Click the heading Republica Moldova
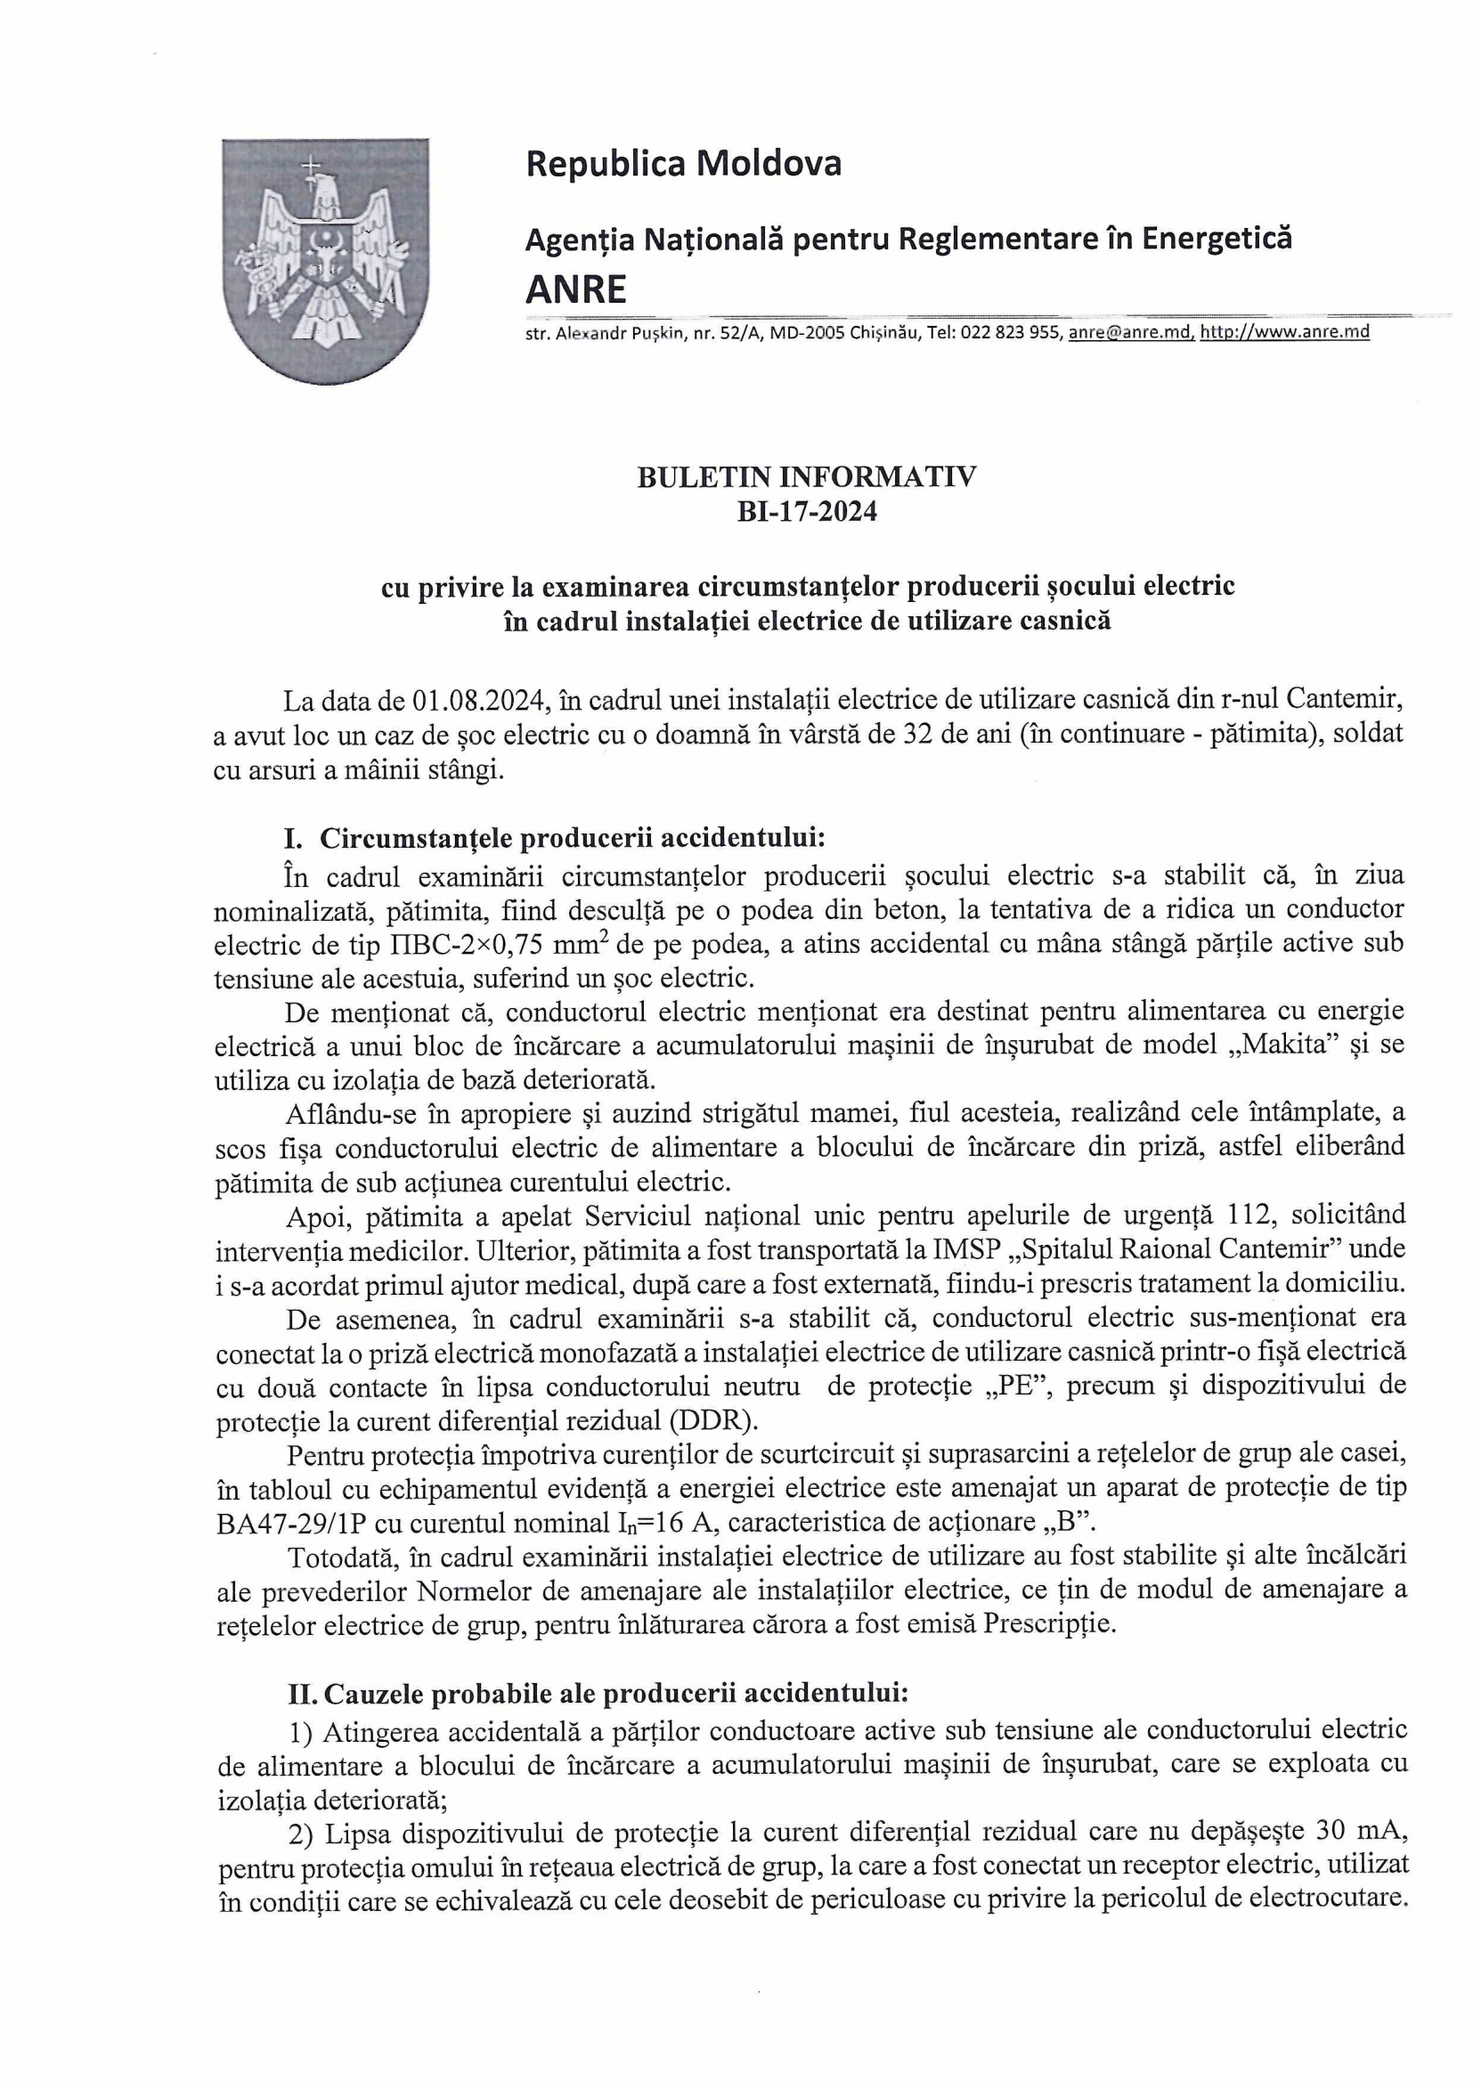[x=683, y=164]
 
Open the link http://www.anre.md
[x=1284, y=332]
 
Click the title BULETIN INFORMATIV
[x=806, y=478]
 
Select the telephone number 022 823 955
[x=1010, y=332]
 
